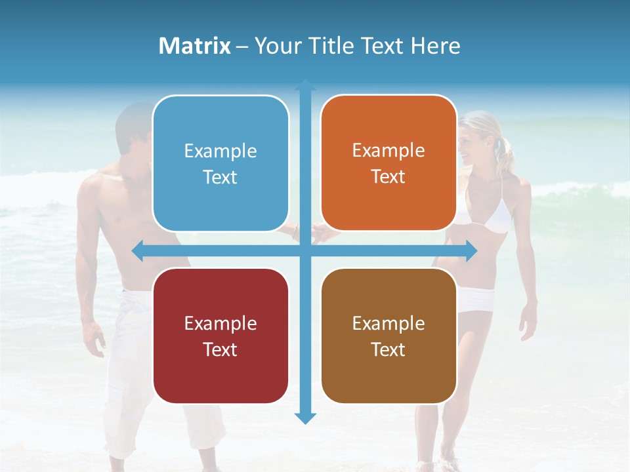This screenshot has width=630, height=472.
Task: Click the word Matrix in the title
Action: pos(195,46)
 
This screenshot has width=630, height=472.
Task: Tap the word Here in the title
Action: pos(435,46)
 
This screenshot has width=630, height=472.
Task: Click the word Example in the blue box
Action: pos(220,151)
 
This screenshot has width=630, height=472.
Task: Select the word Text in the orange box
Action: pos(388,177)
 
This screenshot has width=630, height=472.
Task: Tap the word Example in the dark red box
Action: pos(220,323)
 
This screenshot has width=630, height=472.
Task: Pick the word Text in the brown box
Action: pos(388,349)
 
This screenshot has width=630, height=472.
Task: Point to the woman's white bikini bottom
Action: pos(476,300)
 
